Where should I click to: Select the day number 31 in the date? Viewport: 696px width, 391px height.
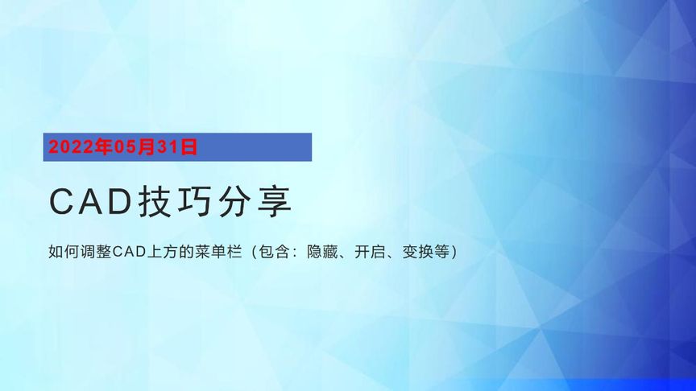pos(170,146)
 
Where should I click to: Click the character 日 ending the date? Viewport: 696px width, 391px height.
pos(189,146)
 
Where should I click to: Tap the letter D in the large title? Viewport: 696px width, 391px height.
pos(120,202)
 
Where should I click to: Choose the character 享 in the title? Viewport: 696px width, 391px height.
pos(274,202)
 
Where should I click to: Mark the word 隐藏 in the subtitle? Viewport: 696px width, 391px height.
pos(324,252)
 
